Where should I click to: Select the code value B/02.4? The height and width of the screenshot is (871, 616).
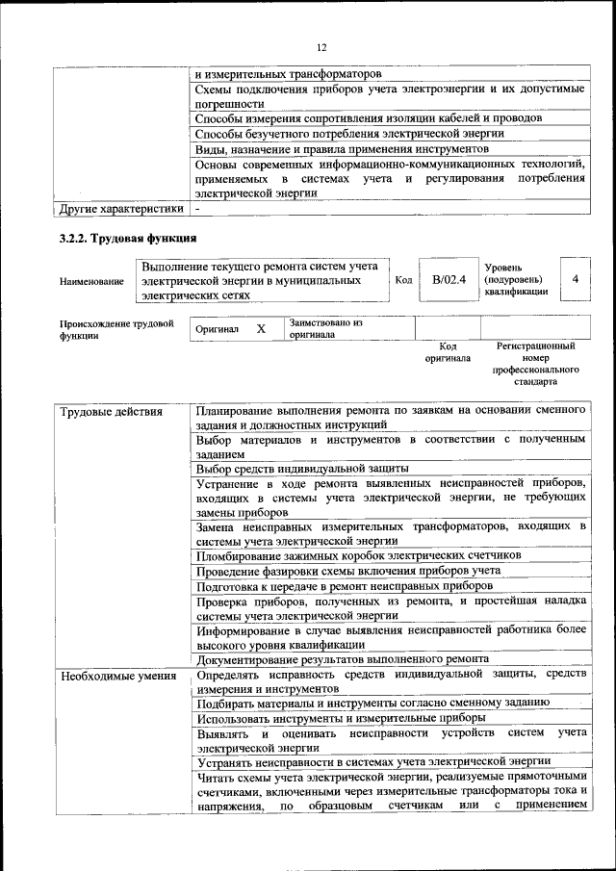449,279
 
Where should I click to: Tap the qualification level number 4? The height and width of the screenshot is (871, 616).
575,278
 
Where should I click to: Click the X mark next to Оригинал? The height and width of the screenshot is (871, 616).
260,328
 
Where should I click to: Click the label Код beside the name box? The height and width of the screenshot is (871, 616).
404,279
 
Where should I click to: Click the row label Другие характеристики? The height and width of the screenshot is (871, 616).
121,207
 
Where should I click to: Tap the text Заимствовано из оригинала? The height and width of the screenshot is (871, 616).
325,329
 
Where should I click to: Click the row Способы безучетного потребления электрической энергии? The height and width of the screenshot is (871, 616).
348,134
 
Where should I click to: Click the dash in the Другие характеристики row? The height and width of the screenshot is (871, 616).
197,207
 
